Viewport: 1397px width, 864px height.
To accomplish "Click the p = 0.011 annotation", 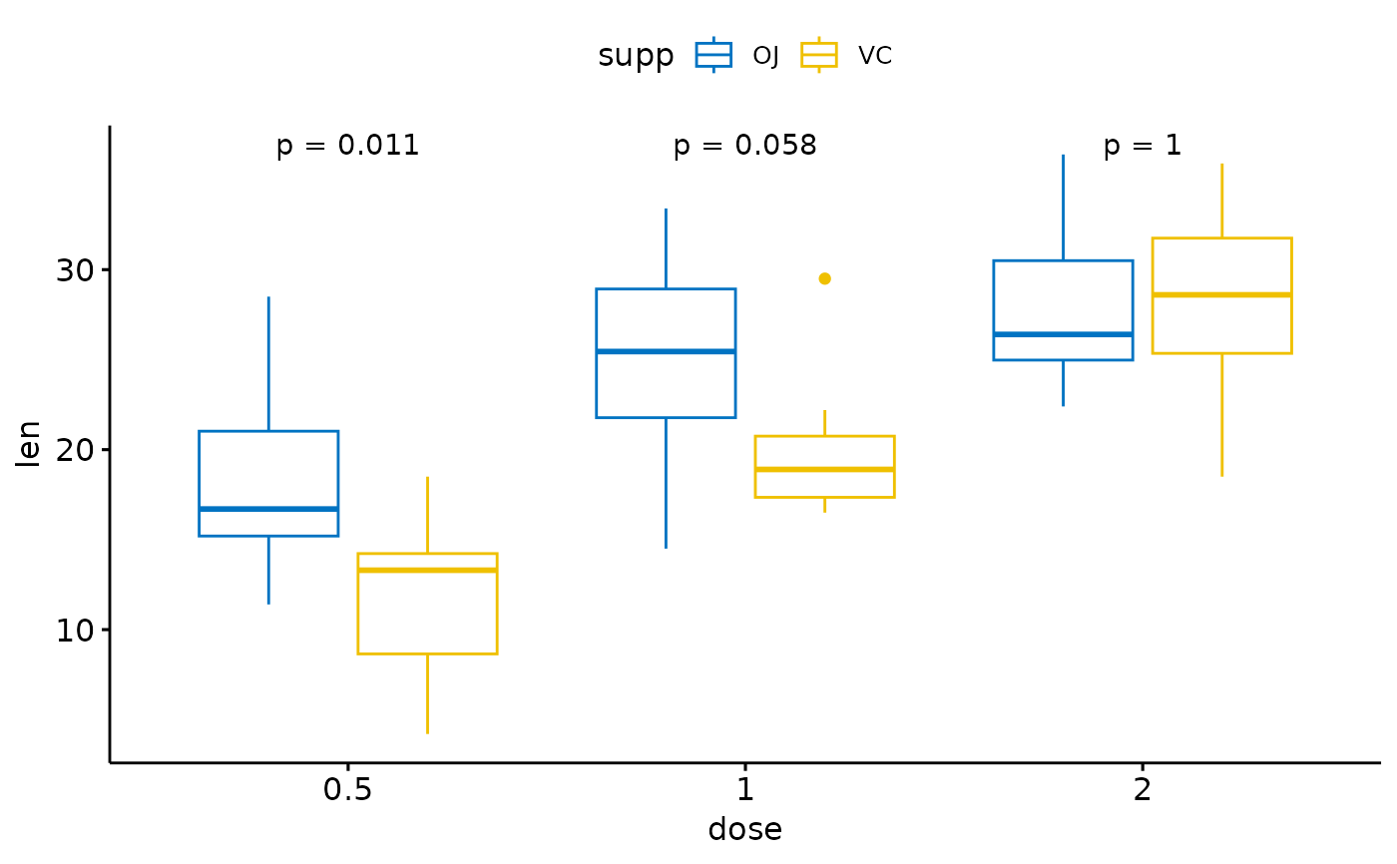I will [347, 147].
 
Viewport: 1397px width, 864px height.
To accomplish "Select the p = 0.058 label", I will [744, 147].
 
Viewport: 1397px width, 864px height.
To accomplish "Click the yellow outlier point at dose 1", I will [824, 278].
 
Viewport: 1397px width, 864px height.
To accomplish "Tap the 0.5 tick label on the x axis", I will [347, 791].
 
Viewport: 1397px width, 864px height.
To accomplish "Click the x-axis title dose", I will [744, 829].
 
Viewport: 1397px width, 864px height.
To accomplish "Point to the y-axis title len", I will [30, 444].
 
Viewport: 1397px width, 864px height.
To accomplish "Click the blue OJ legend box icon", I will [713, 55].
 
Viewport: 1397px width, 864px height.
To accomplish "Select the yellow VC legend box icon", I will [819, 55].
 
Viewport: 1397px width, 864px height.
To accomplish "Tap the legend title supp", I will [636, 56].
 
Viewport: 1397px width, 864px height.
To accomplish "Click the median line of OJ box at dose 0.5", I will [268, 509].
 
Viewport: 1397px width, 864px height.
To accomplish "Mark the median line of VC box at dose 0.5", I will [427, 570].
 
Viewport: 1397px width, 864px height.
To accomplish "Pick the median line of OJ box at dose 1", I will [666, 351].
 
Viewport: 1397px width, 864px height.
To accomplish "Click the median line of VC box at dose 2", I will [1221, 294].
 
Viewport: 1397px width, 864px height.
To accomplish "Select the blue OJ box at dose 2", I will [1063, 299].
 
